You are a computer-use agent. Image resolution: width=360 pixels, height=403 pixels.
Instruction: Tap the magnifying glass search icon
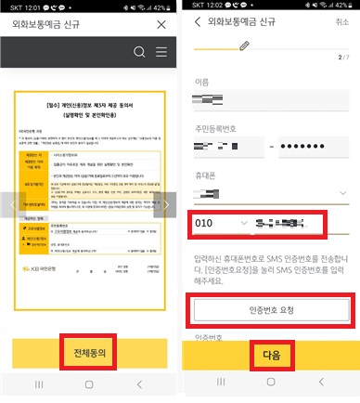point(140,52)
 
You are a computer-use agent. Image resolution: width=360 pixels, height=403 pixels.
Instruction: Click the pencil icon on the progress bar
point(244,45)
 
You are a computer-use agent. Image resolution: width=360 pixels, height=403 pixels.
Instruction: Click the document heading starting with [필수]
point(90,110)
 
